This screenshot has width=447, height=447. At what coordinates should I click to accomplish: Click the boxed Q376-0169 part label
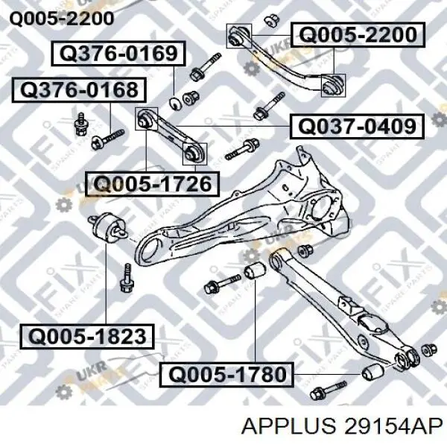118,54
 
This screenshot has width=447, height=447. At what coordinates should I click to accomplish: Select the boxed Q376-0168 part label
79,90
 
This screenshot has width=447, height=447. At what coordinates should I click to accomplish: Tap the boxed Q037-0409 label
357,127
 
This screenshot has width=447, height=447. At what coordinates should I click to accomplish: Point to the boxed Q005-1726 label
153,184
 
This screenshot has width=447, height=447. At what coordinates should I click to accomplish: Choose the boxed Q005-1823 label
87,337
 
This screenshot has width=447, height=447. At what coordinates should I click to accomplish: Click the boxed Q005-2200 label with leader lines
358,35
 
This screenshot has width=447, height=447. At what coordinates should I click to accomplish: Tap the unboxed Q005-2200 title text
62,19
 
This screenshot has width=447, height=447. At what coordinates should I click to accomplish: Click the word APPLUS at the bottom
288,426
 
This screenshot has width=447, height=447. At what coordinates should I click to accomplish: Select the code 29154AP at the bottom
393,426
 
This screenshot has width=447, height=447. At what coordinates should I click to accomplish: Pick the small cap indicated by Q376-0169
175,104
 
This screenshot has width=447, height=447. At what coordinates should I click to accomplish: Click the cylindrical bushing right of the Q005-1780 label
373,372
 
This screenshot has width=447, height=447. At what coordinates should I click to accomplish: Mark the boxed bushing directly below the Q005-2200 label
334,85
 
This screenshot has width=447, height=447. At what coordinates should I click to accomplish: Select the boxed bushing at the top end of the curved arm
239,36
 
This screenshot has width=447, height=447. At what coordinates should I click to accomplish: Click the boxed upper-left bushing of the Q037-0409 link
147,118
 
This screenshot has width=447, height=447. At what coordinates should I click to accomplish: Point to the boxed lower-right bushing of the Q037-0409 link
194,153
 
